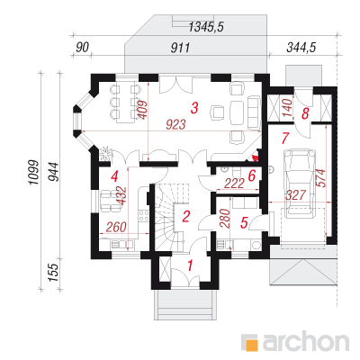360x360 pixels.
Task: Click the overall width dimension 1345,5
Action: click(x=206, y=27)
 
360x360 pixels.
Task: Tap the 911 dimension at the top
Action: click(x=180, y=48)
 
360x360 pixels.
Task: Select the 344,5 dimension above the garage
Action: click(x=301, y=48)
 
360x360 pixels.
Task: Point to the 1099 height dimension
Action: click(x=34, y=173)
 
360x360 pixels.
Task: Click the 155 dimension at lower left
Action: click(x=53, y=273)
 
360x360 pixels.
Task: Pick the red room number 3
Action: click(x=194, y=108)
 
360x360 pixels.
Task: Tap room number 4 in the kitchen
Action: click(x=114, y=176)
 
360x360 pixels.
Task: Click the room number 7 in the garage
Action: click(x=284, y=138)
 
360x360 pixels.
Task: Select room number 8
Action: click(x=305, y=113)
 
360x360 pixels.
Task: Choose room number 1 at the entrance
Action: click(x=190, y=265)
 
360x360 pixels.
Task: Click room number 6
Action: click(x=251, y=175)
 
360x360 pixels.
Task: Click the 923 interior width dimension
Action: click(x=175, y=124)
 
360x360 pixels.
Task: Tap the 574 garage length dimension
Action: click(x=320, y=178)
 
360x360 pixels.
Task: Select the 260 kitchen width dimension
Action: click(x=116, y=227)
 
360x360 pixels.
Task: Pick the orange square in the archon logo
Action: click(x=251, y=345)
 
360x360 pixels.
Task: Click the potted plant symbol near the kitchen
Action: click(x=105, y=153)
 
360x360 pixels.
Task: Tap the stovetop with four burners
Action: click(x=144, y=216)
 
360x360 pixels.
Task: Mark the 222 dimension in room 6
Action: click(x=234, y=184)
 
